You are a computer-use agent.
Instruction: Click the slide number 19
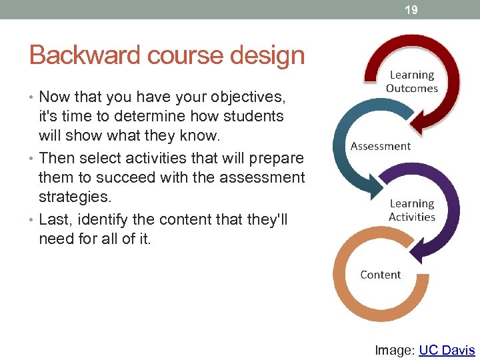point(411,9)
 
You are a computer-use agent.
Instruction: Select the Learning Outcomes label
point(411,82)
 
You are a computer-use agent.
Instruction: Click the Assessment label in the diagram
point(381,146)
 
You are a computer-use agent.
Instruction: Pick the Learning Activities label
point(411,210)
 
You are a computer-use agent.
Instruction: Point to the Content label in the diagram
point(381,275)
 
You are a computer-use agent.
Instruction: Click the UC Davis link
point(447,350)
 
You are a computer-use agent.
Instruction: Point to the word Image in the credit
point(393,350)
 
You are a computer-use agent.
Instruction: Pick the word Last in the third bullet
point(53,219)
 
